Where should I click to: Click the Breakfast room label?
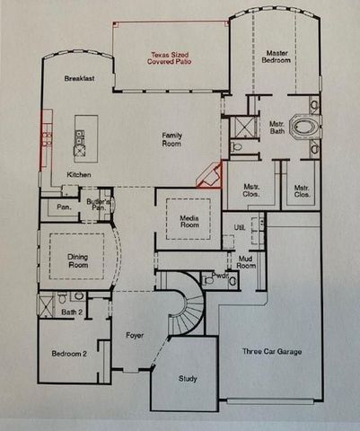[79, 79]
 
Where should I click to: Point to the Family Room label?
[172, 139]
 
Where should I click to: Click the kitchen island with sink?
[79, 139]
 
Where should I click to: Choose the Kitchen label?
[80, 174]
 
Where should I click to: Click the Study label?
[188, 378]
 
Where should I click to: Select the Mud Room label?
[246, 262]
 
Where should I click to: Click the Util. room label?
[239, 227]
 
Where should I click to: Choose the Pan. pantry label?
[65, 207]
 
